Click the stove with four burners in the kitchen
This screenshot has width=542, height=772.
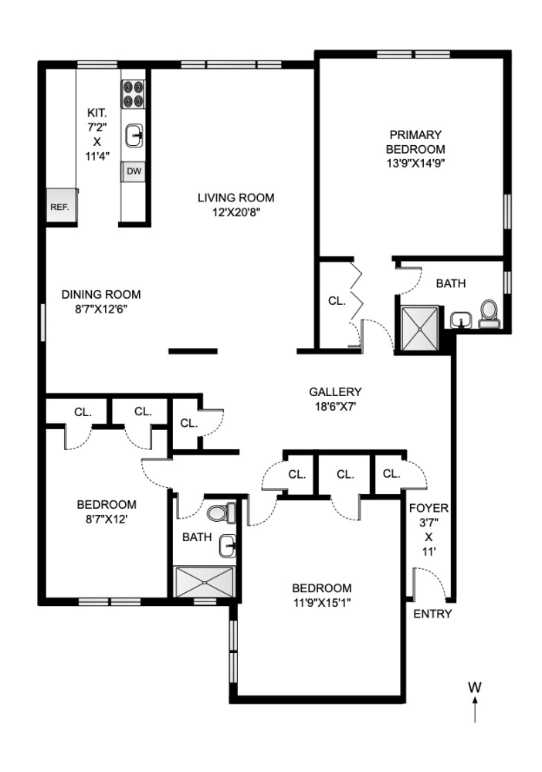(x=134, y=93)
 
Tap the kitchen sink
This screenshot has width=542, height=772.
(x=134, y=135)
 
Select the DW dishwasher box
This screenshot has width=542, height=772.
(x=134, y=171)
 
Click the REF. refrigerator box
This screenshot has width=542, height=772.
(x=60, y=206)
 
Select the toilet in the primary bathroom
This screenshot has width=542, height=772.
(x=489, y=313)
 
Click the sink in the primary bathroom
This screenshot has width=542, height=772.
(x=461, y=319)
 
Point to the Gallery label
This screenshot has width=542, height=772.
(x=335, y=391)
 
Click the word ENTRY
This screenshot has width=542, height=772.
(x=432, y=615)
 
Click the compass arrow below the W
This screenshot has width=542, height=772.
(x=475, y=709)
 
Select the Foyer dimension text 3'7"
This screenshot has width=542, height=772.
(x=429, y=523)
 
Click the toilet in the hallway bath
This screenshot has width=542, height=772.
(x=220, y=513)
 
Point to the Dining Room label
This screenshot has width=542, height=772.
(x=101, y=294)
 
